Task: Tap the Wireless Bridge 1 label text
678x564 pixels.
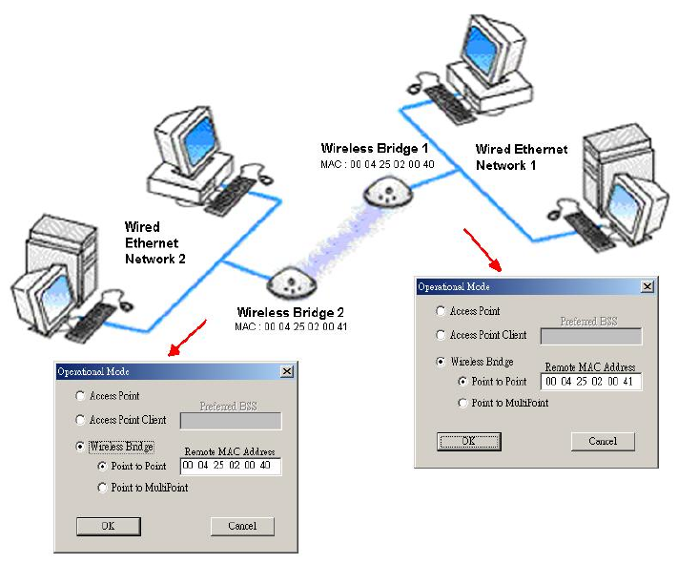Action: point(375,149)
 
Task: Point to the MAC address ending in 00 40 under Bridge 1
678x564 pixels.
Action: point(377,164)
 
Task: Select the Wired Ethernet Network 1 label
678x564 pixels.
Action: point(522,157)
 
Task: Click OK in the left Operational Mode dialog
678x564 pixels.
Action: point(109,526)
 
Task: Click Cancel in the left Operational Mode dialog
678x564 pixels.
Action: point(241,526)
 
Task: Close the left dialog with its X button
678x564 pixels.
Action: point(286,371)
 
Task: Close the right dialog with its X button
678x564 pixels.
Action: point(647,286)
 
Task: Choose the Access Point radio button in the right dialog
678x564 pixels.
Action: point(440,311)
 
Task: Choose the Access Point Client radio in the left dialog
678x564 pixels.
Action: point(79,420)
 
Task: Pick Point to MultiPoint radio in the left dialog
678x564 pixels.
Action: point(102,488)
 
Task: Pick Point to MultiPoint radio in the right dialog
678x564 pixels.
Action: point(462,403)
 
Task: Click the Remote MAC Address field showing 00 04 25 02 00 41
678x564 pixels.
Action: point(590,382)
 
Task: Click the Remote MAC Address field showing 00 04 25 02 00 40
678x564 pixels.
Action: point(230,467)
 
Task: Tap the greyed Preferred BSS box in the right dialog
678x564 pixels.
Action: point(590,336)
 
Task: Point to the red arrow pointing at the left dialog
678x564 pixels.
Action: point(187,339)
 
